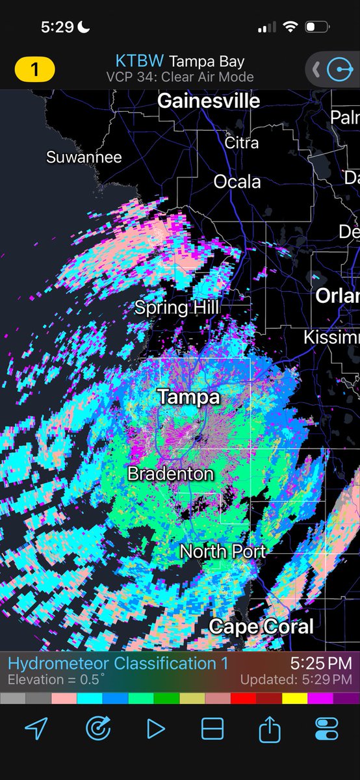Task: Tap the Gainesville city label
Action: [x=209, y=101]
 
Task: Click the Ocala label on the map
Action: [x=237, y=181]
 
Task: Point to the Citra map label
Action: [x=241, y=142]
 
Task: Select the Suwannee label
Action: [x=84, y=157]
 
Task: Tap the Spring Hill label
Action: [x=177, y=307]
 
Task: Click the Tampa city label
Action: [x=189, y=396]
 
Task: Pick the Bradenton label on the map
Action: [x=170, y=473]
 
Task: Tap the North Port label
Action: [x=222, y=552]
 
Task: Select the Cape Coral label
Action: [x=261, y=627]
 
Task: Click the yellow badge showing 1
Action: [x=34, y=69]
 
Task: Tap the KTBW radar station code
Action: [x=140, y=62]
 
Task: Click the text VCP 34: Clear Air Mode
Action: [x=180, y=77]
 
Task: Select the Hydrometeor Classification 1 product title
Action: [x=118, y=664]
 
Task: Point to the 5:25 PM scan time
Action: [x=320, y=664]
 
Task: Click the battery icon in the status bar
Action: [x=317, y=27]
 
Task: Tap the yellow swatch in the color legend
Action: [x=295, y=698]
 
